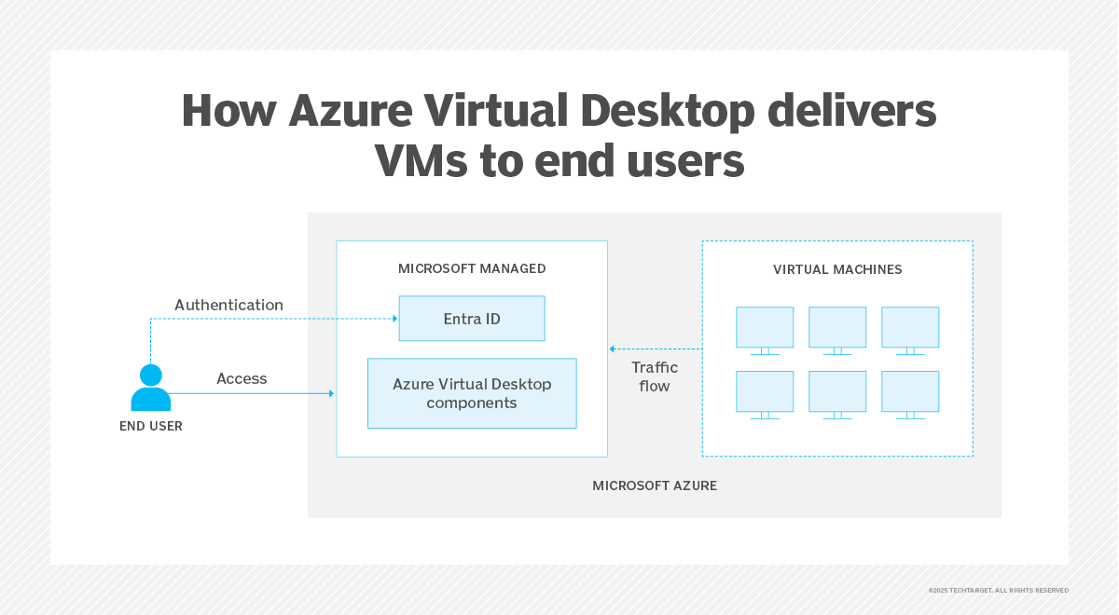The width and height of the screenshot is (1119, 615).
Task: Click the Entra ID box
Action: pyautogui.click(x=471, y=319)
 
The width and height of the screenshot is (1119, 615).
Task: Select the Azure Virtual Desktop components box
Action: pyautogui.click(x=472, y=393)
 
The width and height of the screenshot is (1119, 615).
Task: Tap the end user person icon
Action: pyautogui.click(x=150, y=388)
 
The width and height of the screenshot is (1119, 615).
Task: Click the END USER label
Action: pyautogui.click(x=151, y=427)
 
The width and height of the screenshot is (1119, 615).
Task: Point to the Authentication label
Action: pyautogui.click(x=228, y=305)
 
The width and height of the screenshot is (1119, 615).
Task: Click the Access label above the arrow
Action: pyautogui.click(x=242, y=378)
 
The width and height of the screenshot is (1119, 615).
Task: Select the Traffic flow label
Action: pyautogui.click(x=655, y=376)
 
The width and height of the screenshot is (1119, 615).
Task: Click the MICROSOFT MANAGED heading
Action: pyautogui.click(x=472, y=268)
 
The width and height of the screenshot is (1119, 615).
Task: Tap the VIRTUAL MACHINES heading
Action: pyautogui.click(x=837, y=269)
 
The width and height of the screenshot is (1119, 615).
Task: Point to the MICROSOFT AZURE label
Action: pyautogui.click(x=655, y=485)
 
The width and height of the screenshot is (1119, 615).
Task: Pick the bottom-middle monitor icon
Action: pyautogui.click(x=837, y=394)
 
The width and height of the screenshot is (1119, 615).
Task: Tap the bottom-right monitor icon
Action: pyautogui.click(x=910, y=394)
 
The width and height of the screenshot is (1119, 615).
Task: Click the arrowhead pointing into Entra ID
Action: pyautogui.click(x=394, y=319)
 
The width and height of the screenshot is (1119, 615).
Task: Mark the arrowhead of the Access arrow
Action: pyautogui.click(x=331, y=393)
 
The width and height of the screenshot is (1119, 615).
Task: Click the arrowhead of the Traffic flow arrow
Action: pyautogui.click(x=613, y=348)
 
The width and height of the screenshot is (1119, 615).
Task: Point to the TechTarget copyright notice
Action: pyautogui.click(x=998, y=590)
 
